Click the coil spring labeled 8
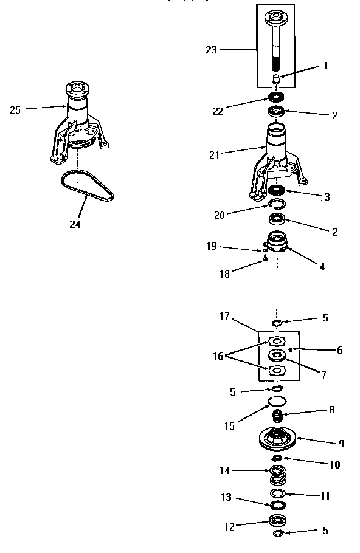278,417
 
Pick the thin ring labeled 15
277,400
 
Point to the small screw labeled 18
266,258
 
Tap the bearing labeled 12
277,520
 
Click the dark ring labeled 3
277,190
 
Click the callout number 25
16,110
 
